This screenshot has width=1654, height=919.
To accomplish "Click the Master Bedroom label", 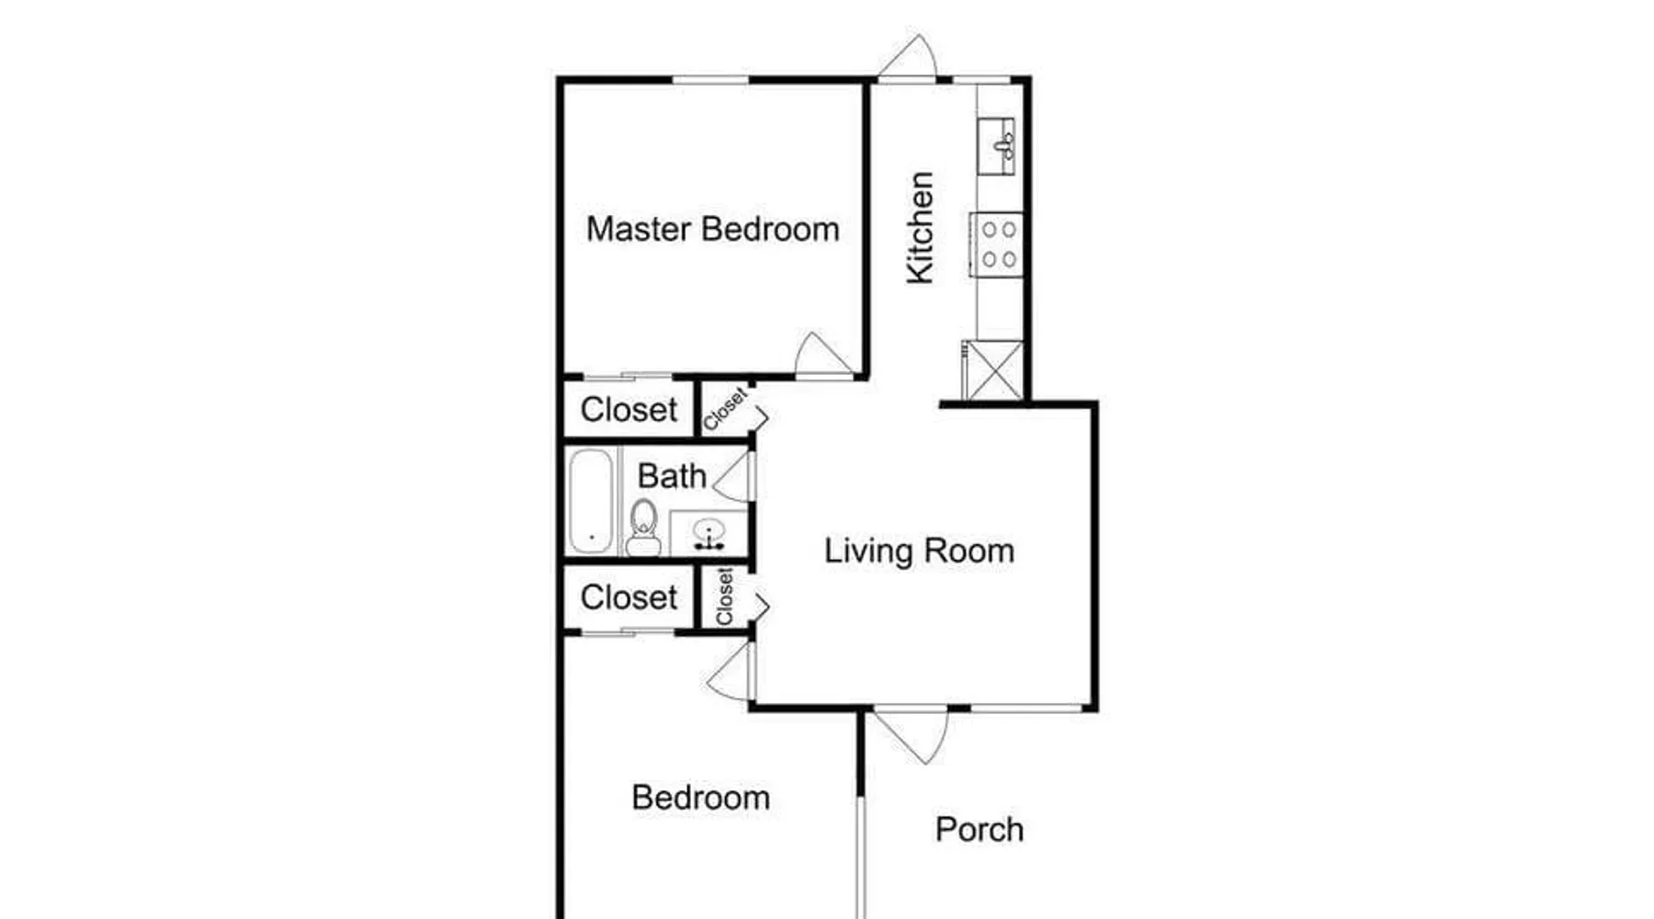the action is [x=713, y=229].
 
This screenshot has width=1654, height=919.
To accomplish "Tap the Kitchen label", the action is [x=920, y=228].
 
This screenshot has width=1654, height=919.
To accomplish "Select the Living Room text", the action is [x=919, y=550].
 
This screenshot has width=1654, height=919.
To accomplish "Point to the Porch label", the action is [x=980, y=830].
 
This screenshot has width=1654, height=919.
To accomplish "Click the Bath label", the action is [x=672, y=476].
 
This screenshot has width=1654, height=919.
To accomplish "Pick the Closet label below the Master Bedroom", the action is [x=629, y=410].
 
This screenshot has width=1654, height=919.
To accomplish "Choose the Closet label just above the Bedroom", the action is [x=629, y=597].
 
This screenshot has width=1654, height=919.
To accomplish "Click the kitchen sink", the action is [x=996, y=146].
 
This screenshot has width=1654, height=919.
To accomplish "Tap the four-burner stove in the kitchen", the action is [x=997, y=244].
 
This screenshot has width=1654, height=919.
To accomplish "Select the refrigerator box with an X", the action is [x=993, y=369].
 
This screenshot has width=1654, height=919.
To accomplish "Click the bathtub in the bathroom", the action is [x=591, y=501].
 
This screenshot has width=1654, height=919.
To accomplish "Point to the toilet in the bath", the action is [x=643, y=528].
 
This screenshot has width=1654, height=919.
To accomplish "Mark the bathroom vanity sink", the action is [x=708, y=534].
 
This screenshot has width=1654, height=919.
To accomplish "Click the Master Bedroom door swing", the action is [x=823, y=354].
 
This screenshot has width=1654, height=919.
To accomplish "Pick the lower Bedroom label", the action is [x=701, y=798].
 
